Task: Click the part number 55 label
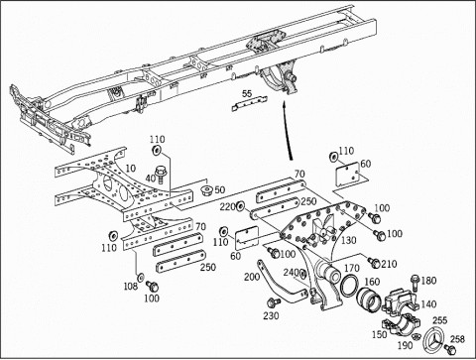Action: coord(247,93)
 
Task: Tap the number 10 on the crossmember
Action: coord(131,168)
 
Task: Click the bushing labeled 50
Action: coord(207,190)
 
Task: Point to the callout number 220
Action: coord(227,207)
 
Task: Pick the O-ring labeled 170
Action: coord(350,285)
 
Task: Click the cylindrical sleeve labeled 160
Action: coord(368,298)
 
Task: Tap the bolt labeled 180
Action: coord(416,283)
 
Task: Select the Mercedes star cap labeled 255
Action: coord(433,339)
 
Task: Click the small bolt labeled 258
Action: coord(449,348)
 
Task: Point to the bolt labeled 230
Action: coord(273,301)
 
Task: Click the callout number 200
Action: coord(252,277)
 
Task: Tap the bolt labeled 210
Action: coord(375,263)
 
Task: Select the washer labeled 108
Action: coord(141,276)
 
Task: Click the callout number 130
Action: coord(348,240)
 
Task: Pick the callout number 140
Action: coord(428,303)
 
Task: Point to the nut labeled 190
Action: coord(417,336)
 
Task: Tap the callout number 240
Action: coord(292,273)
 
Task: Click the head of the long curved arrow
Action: coord(284,105)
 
